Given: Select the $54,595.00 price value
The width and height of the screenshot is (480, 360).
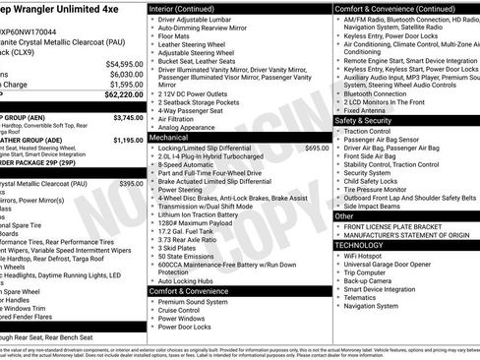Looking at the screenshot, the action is pos(123,63).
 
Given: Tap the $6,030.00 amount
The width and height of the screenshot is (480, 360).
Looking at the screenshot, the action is pos(125,74).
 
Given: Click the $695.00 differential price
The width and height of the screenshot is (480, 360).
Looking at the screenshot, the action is pos(317,149).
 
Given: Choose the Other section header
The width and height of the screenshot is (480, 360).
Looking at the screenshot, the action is pos(344,215).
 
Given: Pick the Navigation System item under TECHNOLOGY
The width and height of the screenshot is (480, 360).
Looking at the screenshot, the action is pos(372,305).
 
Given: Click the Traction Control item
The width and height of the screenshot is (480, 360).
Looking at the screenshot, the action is pos(368,131).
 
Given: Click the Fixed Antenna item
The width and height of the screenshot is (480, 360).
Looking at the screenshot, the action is pos(365,110).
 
